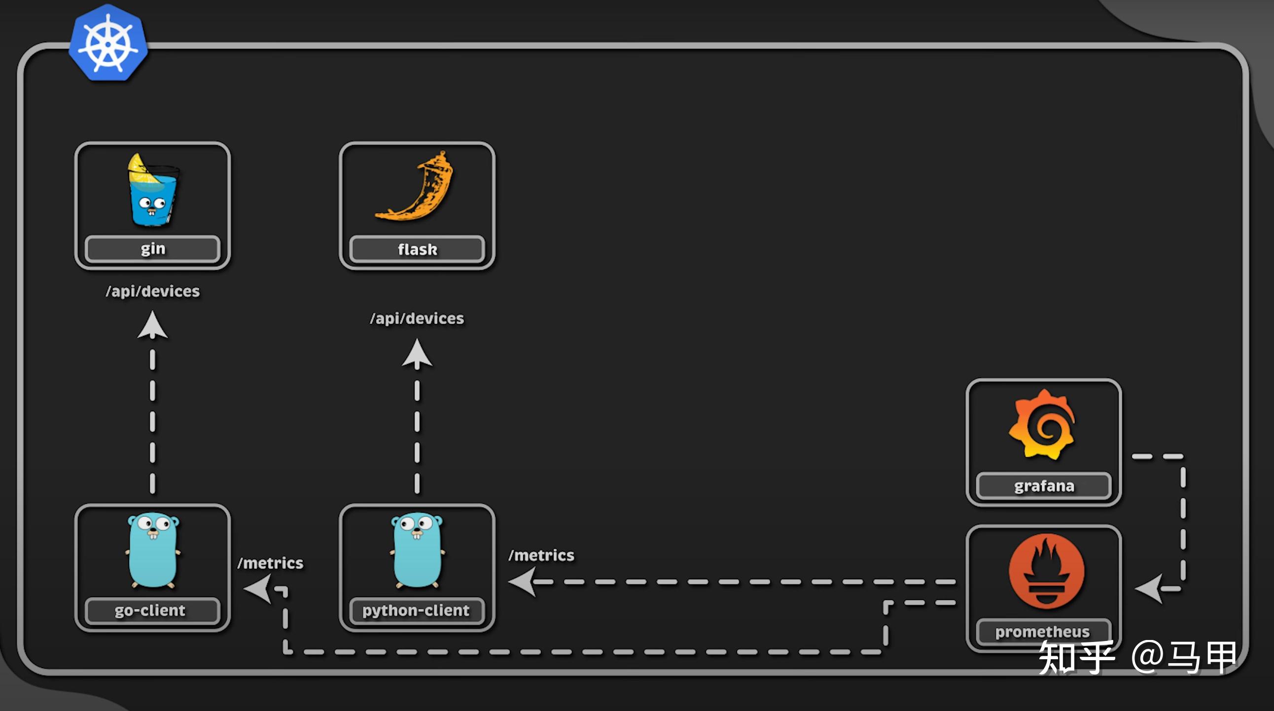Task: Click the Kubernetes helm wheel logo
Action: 108,43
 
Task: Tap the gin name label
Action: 152,249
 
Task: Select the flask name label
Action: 417,249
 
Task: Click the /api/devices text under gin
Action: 152,291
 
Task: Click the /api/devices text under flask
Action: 417,319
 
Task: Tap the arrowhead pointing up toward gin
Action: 152,326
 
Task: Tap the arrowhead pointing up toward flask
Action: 417,354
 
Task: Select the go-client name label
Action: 151,610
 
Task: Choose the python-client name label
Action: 416,610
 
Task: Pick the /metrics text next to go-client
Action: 270,563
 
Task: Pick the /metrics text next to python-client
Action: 541,555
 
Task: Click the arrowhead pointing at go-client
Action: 258,589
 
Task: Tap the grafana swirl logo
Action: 1043,425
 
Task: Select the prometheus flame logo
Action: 1046,570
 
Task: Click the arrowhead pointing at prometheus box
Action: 1149,588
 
